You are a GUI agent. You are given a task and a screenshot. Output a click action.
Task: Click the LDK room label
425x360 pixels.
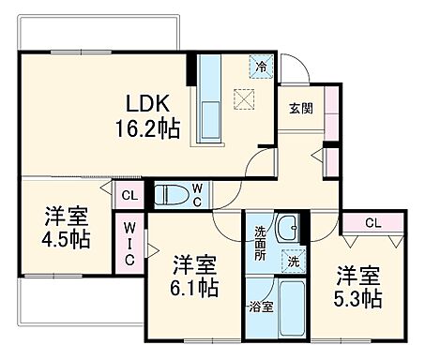click(146, 102)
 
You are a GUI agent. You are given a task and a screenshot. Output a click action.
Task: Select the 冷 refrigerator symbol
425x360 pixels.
click(263, 67)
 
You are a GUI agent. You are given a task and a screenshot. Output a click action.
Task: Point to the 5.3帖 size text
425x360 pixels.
click(358, 300)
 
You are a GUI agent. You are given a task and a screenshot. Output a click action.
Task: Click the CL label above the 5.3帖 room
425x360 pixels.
click(372, 223)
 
